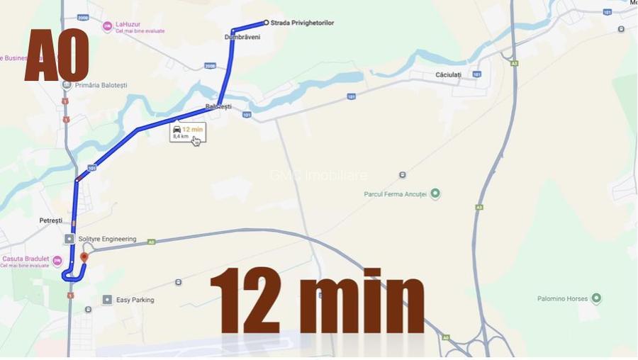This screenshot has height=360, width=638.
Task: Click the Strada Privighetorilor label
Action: coord(302,23)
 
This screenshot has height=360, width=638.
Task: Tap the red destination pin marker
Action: coord(84,258)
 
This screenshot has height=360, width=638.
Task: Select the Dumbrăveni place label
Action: coord(242,37)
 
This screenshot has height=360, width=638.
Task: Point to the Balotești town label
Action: coord(218,106)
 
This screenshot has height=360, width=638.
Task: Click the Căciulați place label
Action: coord(448,74)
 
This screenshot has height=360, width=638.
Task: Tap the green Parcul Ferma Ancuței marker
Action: coord(435,193)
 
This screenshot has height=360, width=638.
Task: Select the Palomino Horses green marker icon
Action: coord(596,298)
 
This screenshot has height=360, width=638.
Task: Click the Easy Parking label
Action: coord(135,300)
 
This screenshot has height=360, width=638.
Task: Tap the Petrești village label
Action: coord(51,220)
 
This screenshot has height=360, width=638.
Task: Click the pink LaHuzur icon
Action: coord(107,27)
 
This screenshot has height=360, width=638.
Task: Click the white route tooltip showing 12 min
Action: coord(187,133)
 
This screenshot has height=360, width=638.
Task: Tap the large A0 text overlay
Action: coord(57,56)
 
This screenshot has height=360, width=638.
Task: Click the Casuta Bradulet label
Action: coord(27,259)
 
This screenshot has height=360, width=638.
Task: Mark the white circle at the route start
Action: coord(266,23)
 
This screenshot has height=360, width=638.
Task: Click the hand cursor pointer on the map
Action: coord(196,140)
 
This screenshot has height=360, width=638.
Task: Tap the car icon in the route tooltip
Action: coord(177,129)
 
